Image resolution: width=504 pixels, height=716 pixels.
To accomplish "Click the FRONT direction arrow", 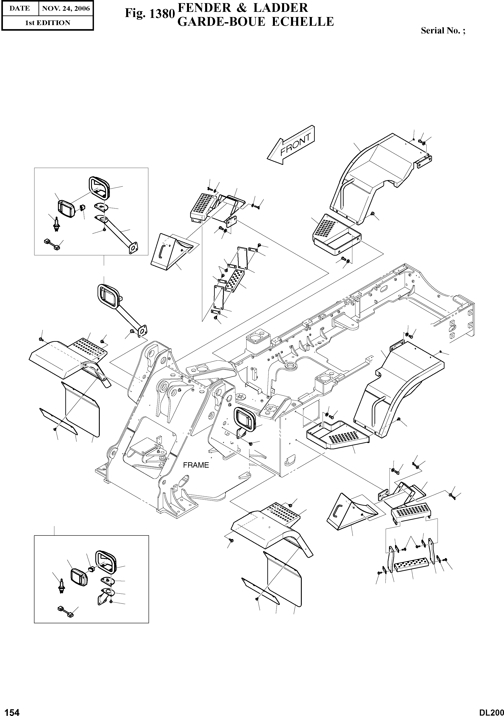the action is click(291, 145).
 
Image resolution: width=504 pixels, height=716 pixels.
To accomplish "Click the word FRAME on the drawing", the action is click(196, 465).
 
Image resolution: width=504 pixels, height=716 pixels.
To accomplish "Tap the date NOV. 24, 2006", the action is click(66, 9).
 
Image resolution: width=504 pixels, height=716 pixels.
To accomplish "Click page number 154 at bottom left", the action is click(10, 710).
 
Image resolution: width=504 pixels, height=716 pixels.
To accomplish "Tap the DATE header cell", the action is click(19, 9).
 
